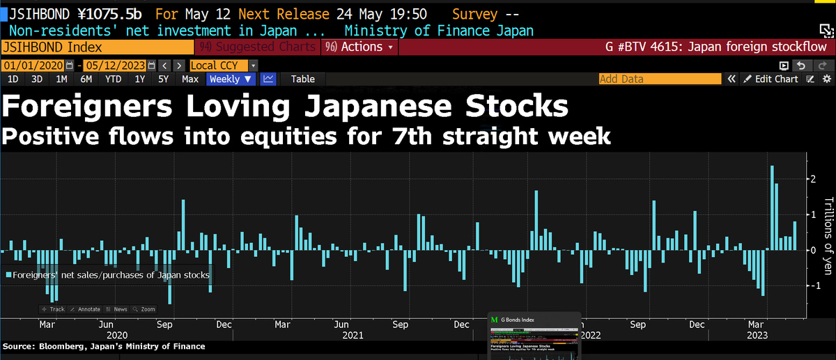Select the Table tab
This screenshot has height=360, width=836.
pyautogui.click(x=302, y=79)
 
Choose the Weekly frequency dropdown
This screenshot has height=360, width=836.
pyautogui.click(x=230, y=79)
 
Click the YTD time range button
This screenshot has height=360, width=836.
pyautogui.click(x=113, y=79)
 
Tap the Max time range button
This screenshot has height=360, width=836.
pyautogui.click(x=190, y=79)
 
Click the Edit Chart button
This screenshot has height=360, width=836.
pyautogui.click(x=771, y=79)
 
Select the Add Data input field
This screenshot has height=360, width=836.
pyautogui.click(x=659, y=79)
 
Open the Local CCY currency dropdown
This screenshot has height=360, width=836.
pyautogui.click(x=223, y=65)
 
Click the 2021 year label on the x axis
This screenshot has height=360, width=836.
pyautogui.click(x=353, y=335)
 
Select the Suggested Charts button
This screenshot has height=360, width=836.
pyautogui.click(x=257, y=47)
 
